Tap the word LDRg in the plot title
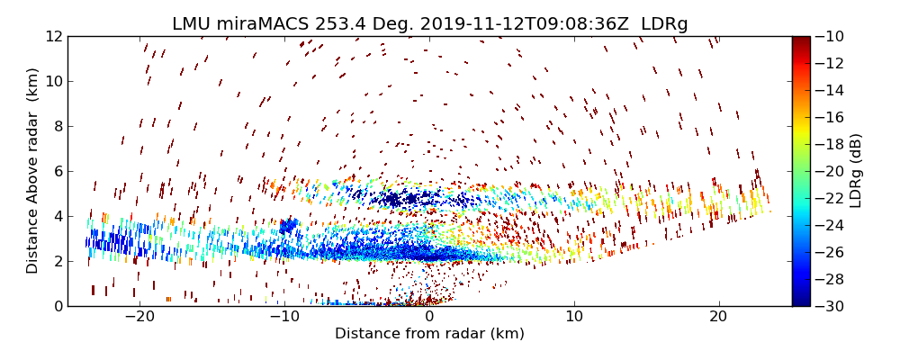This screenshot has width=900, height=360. [664, 24]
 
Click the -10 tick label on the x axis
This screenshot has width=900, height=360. [283, 317]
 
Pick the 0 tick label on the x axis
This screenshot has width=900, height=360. [429, 317]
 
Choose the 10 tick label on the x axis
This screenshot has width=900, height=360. [574, 317]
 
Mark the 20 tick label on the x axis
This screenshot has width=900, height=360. [718, 317]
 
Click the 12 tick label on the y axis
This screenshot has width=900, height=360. [53, 36]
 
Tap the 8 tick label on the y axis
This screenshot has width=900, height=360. [57, 126]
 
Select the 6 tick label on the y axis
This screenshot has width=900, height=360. [57, 171]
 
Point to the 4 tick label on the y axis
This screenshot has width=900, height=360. [57, 216]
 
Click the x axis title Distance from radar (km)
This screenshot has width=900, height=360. [429, 334]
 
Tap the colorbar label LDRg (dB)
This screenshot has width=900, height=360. [856, 171]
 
